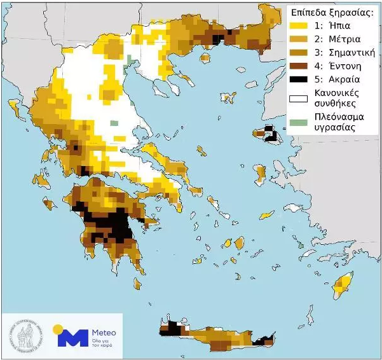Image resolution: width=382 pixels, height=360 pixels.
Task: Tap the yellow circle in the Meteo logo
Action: point(58,329)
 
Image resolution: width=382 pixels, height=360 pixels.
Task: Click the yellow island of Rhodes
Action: point(344,280)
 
